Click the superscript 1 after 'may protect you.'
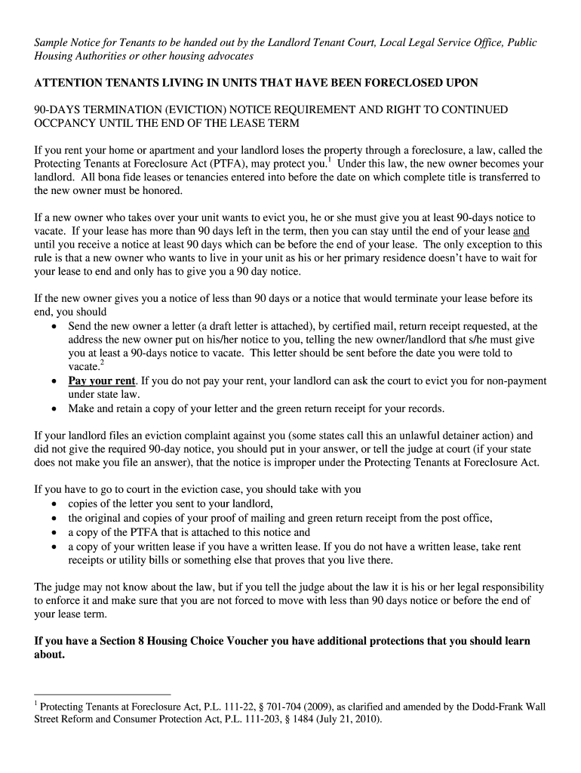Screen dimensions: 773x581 tap(330, 160)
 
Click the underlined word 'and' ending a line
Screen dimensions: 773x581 tap(521, 232)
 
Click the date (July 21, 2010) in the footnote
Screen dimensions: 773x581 tap(346, 719)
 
